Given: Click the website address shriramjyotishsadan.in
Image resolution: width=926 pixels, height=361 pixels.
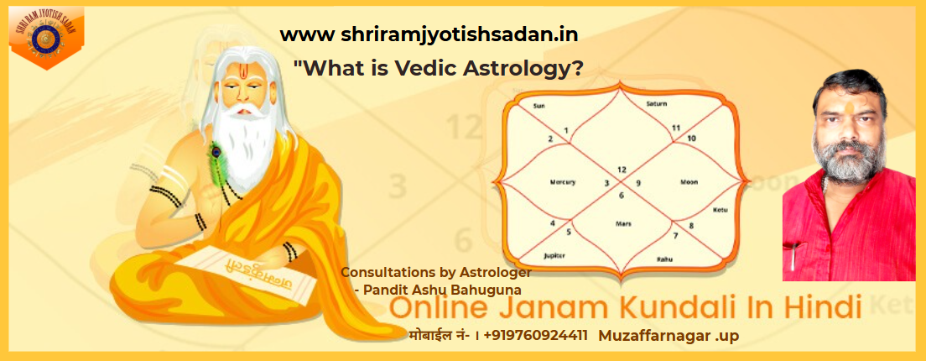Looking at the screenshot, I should click(429, 34).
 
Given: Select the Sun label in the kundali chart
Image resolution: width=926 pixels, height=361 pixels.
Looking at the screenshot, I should click(540, 107).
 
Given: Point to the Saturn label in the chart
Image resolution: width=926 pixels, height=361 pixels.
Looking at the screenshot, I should click(657, 103).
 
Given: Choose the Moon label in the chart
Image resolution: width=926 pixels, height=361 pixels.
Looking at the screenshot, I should click(689, 181).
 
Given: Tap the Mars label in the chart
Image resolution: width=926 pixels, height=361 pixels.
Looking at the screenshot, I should click(622, 224).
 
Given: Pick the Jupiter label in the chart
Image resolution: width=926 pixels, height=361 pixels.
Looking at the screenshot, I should click(554, 254).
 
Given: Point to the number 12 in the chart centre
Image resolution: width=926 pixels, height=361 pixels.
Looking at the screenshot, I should click(622, 170).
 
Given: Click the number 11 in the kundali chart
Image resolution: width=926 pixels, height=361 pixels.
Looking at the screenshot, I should click(676, 127).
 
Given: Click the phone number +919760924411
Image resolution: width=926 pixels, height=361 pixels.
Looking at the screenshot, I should click(535, 336).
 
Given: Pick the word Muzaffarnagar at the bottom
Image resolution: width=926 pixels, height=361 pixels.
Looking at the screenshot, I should click(651, 336).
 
